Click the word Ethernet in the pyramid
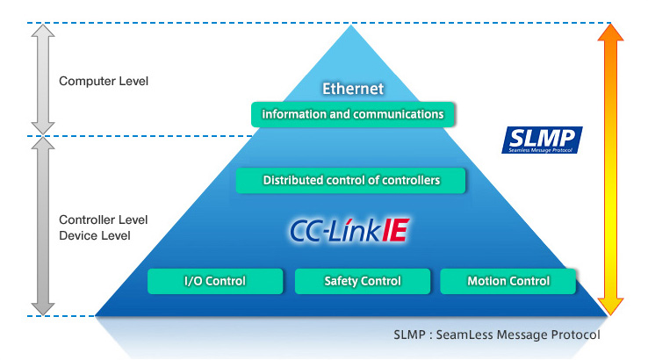click(353, 89)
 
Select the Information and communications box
click(353, 114)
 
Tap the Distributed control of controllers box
click(351, 181)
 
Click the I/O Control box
click(214, 281)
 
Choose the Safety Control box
click(363, 281)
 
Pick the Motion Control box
click(508, 281)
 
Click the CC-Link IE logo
click(350, 230)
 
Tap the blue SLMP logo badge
click(542, 140)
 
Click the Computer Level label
click(104, 82)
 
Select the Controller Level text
click(103, 220)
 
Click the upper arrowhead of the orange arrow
click(610, 35)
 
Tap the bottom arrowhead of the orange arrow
click(610, 302)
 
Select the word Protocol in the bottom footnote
click(577, 335)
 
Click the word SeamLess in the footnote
click(463, 335)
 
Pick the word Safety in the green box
click(342, 281)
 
